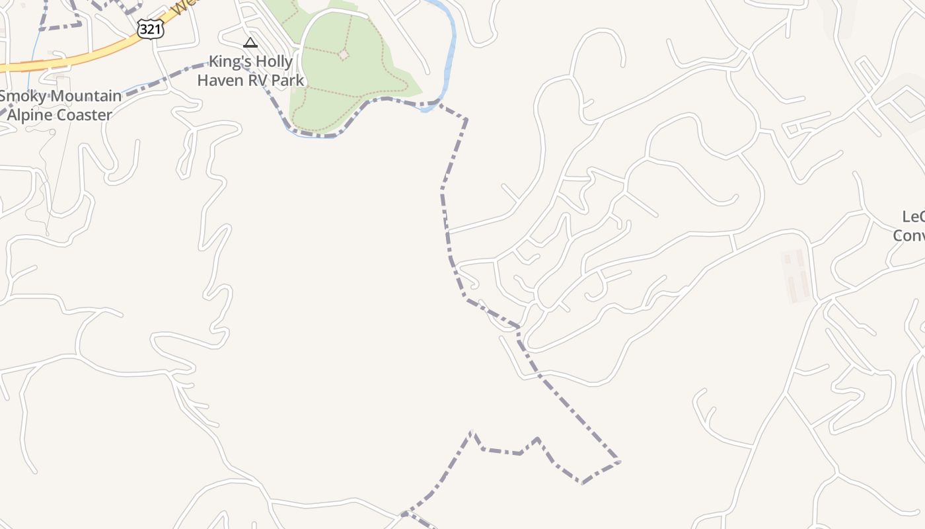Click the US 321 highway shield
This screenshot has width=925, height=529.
pos(151,28)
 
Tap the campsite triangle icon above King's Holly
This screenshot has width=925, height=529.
pos(250,44)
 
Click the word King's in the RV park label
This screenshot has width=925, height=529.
pos(229,62)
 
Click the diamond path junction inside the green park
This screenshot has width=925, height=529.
pos(343,55)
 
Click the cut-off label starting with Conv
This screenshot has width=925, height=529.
pos(909,235)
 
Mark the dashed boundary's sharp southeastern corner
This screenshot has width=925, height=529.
pos(619,461)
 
